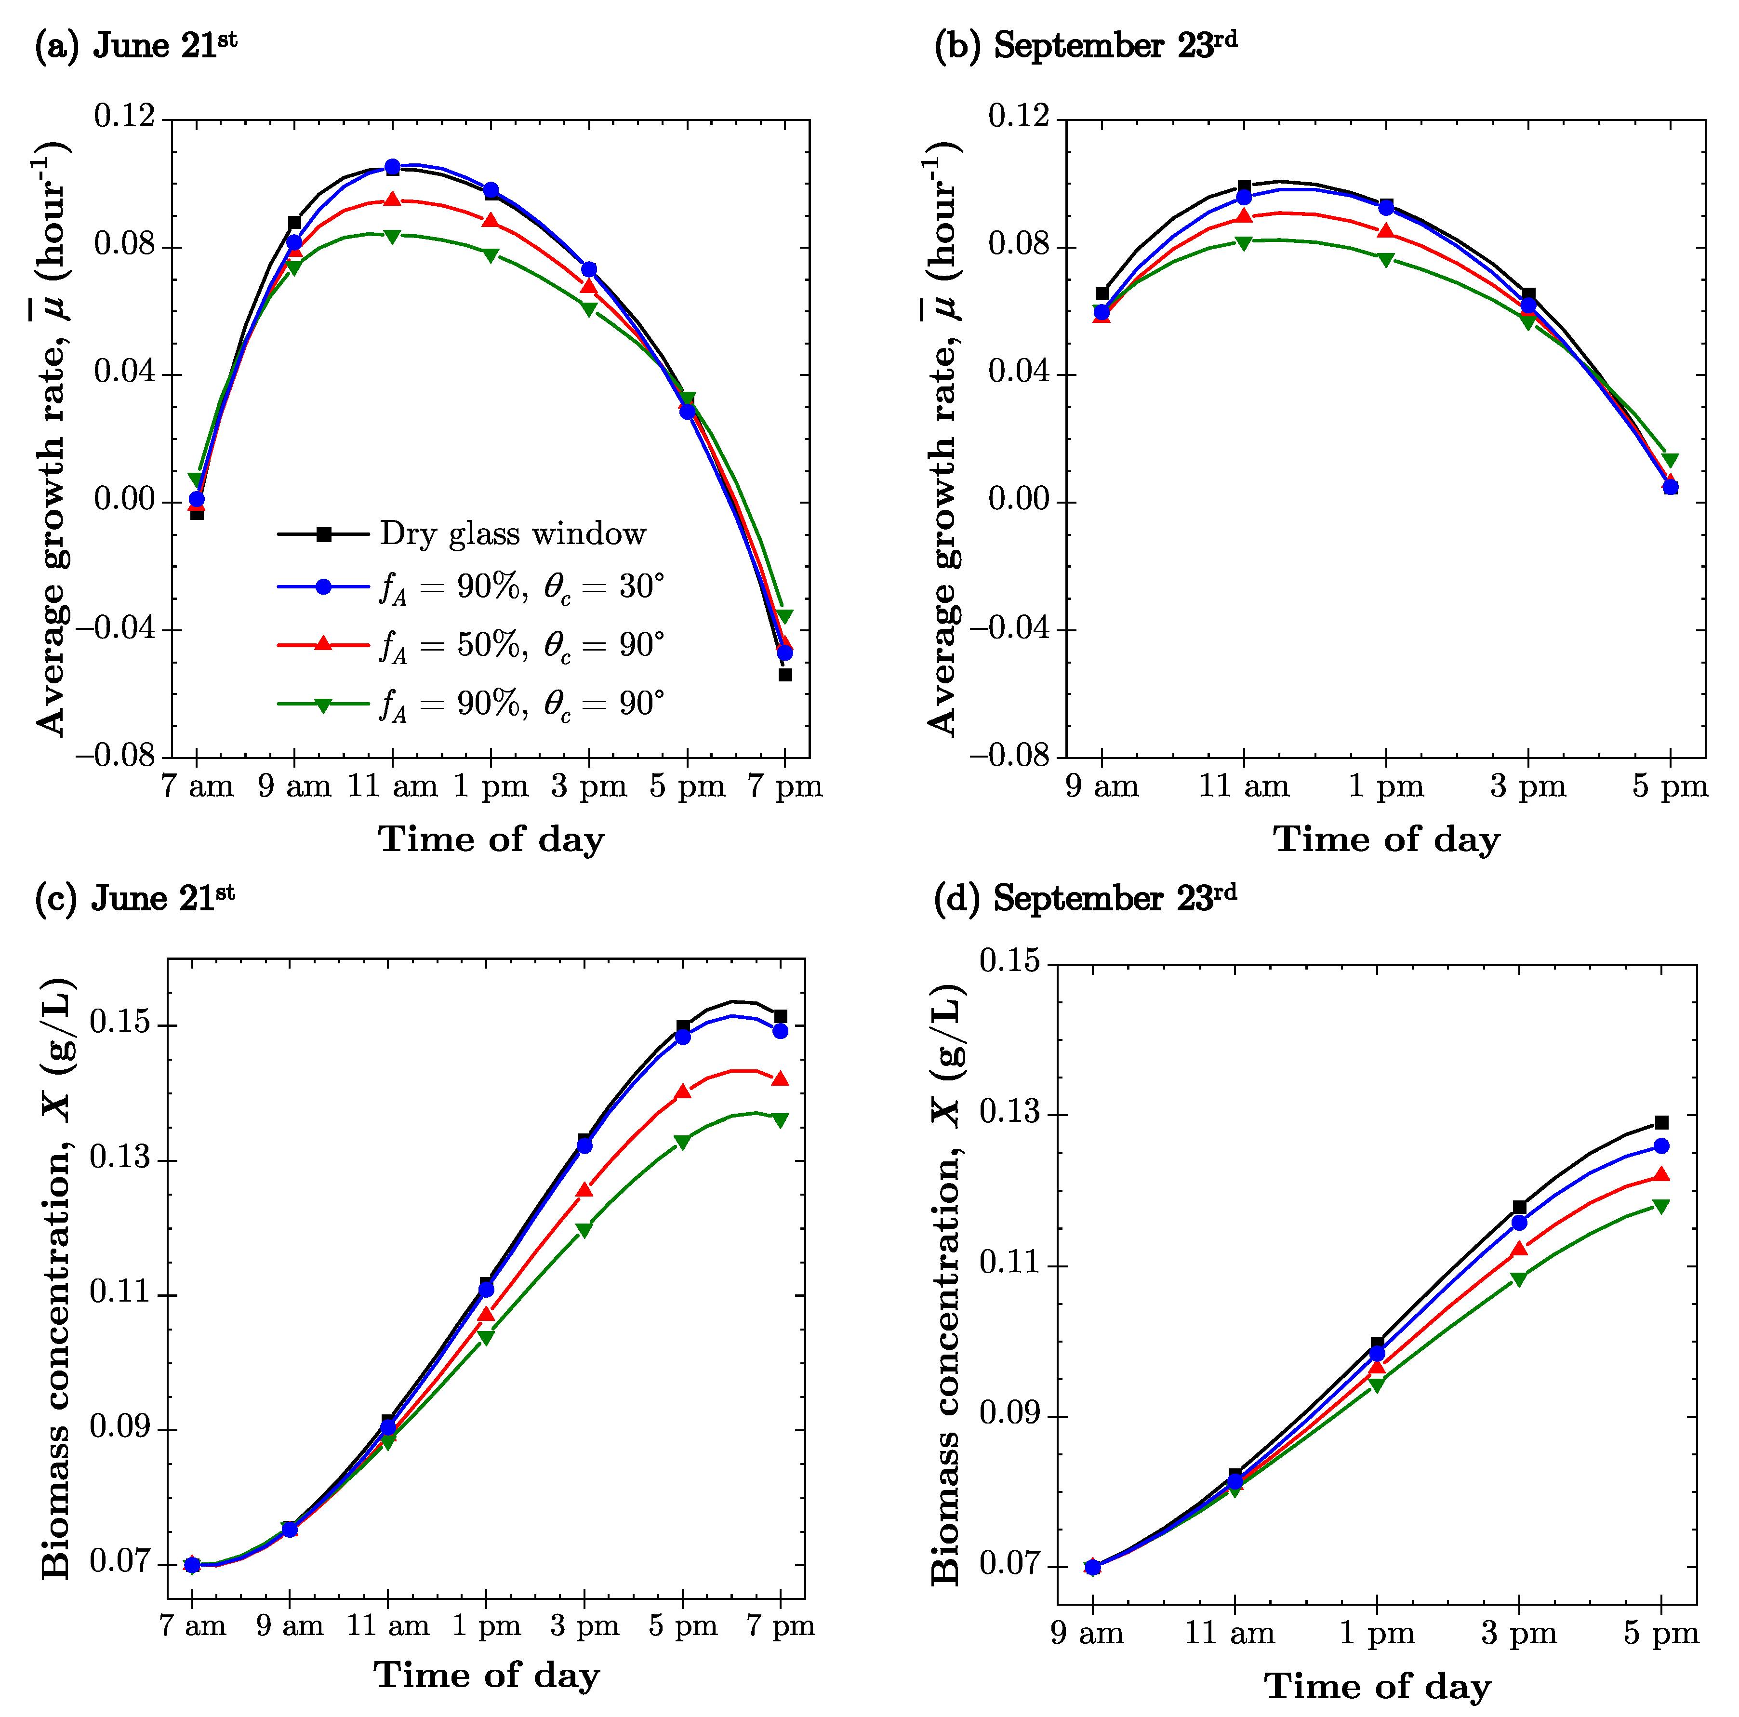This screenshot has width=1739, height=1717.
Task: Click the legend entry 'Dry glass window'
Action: pos(512,534)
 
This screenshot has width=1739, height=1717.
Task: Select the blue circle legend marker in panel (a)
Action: pos(324,587)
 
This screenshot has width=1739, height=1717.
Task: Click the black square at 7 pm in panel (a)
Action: pos(785,674)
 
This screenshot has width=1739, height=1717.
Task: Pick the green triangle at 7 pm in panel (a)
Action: pos(785,616)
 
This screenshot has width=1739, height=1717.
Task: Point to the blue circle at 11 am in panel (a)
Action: pos(392,167)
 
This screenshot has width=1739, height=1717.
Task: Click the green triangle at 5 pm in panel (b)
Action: pos(1671,461)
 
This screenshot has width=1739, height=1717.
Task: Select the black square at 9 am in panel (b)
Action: pos(1102,293)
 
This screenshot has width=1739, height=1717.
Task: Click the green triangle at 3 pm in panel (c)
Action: pos(584,1230)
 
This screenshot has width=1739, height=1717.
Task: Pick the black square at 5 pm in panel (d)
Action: pos(1661,1123)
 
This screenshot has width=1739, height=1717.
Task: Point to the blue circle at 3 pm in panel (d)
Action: pos(1519,1223)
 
